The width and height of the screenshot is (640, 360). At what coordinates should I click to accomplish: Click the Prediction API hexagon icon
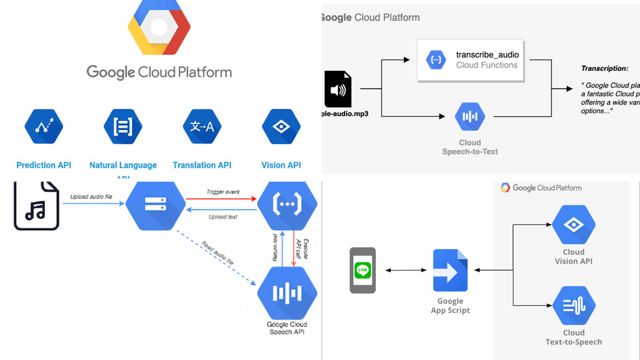click(x=44, y=126)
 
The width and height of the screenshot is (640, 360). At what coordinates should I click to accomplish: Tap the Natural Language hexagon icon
click(x=123, y=126)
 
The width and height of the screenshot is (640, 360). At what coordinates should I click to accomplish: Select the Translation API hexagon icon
click(x=202, y=126)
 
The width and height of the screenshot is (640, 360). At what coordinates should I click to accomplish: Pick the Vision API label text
click(x=281, y=165)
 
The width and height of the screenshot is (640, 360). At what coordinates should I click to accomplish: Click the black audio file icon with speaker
click(x=338, y=90)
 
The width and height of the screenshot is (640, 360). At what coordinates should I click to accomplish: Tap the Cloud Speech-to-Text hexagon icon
click(x=470, y=116)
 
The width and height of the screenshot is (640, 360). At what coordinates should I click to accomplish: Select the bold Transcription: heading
click(x=605, y=69)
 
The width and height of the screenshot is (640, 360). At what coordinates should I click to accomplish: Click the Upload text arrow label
click(x=222, y=217)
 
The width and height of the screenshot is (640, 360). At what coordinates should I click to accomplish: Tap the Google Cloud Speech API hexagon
click(x=287, y=293)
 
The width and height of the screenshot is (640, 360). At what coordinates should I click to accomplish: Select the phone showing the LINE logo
click(x=363, y=270)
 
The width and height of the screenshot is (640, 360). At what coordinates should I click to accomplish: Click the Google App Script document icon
click(x=450, y=270)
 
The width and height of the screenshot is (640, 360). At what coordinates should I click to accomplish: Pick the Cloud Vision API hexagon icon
click(x=573, y=225)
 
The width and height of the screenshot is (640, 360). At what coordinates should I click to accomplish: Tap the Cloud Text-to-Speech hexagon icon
click(x=573, y=306)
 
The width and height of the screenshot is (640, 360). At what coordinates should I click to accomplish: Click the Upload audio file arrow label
click(x=92, y=197)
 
